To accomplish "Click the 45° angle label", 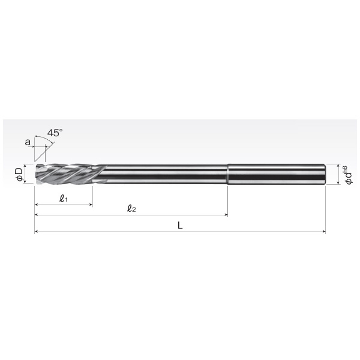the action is click(55, 133).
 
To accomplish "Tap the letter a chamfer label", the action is click(28, 142).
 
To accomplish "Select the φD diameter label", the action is click(20, 174).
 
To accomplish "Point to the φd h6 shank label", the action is click(348, 175).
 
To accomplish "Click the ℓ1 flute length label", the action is click(64, 198).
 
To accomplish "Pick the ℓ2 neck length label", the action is click(131, 208).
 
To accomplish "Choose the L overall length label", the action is click(180, 226).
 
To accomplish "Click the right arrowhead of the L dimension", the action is click(324, 232).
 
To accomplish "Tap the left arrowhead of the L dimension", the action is click(36, 232).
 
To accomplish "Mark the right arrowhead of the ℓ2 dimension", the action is click(226, 215).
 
